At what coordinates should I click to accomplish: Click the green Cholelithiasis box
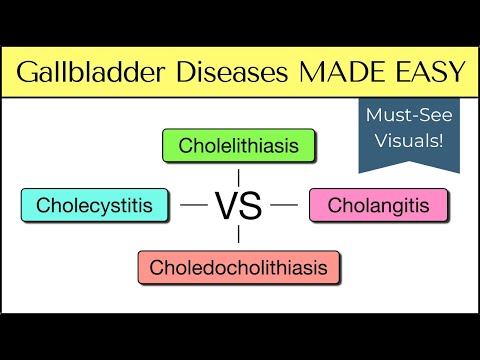[x=238, y=146]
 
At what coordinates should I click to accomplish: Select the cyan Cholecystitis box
[x=94, y=206]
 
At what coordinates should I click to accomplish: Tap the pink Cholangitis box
[x=379, y=206]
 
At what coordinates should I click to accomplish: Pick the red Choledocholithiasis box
[x=238, y=267]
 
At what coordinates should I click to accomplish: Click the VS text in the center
[x=238, y=206]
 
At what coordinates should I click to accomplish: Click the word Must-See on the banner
[x=409, y=118]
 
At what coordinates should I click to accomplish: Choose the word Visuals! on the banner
[x=409, y=140]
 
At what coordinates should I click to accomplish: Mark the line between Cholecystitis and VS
[x=193, y=206]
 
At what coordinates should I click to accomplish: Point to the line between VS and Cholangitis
[x=284, y=206]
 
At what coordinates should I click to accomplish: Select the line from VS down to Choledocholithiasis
[x=238, y=236]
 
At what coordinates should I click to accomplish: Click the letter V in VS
[x=226, y=206]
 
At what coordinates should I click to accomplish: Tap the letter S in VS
[x=250, y=206]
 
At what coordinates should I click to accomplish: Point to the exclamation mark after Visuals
[x=443, y=140]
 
